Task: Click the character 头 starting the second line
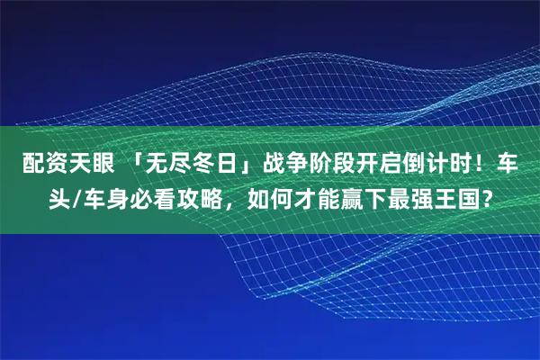58,197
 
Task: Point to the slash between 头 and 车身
76,197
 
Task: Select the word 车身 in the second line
103,197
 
